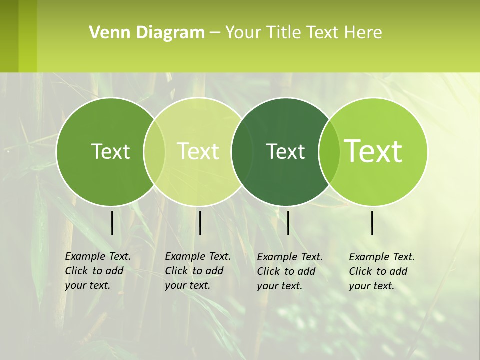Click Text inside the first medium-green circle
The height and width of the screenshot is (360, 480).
tap(110, 151)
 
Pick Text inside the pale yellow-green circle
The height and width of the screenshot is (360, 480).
tap(198, 151)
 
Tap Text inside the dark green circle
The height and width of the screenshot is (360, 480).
tap(286, 151)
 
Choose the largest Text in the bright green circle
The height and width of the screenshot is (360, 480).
tap(373, 151)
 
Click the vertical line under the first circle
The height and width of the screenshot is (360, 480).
tap(112, 223)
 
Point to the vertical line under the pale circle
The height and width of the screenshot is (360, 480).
tap(200, 223)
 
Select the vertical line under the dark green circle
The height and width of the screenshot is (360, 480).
tap(288, 223)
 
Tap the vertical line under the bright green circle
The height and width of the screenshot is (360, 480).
tap(372, 223)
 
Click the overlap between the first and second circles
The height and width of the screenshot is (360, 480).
tap(154, 152)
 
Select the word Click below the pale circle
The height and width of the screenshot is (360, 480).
tap(176, 271)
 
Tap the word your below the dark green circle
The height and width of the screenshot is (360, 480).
tap(267, 286)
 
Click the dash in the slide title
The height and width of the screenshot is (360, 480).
tap(215, 33)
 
